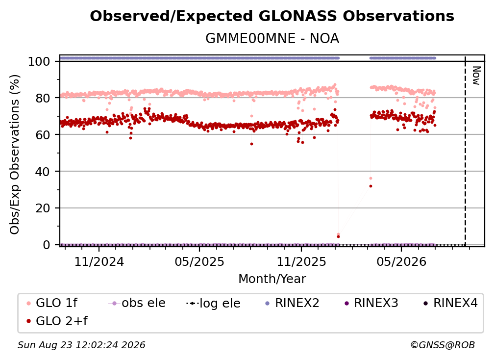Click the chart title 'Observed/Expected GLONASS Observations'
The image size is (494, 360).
pos(272,16)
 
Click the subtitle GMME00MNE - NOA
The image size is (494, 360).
pos(272,39)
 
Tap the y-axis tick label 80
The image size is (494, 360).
pos(43,98)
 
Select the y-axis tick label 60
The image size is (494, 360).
pos(43,135)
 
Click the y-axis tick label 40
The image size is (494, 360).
pos(43,172)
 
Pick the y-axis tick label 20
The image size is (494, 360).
pos(43,208)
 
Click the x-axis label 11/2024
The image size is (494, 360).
pos(99,261)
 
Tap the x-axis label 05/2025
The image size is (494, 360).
pos(199,261)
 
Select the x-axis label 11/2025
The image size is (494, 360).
pos(301,261)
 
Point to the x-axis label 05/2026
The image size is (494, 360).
pos(401,261)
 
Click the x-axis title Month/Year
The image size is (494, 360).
pos(272,279)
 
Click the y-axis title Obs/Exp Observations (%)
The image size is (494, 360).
pos(15,154)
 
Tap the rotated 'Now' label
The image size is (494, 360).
pos(476,76)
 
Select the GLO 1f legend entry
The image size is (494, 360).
pos(52,303)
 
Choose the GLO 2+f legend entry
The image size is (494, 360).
pos(57,321)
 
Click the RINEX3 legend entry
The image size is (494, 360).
pos(371,303)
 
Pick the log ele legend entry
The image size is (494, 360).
pos(213,304)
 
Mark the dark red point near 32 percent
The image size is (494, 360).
pos(371,186)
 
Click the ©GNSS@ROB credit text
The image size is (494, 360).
pos(443,345)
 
